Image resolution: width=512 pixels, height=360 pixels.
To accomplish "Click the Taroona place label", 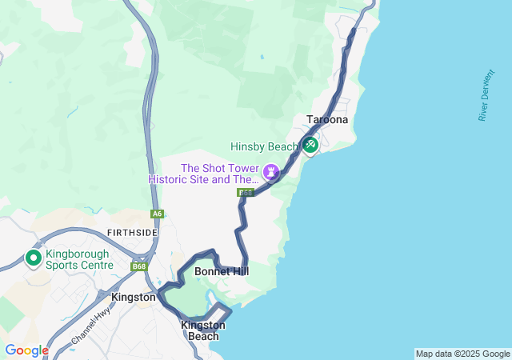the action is pos(327,120).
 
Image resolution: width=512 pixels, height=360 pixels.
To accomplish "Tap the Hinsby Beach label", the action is pos(264,146).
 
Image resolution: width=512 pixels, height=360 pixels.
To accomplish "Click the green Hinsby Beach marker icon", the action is pos(310,145).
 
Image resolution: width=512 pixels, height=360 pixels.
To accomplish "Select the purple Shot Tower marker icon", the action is pos(272,172).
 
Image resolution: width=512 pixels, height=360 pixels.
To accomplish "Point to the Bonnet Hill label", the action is pos(222,272).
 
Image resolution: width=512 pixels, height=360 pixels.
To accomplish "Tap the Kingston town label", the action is pos(134,297).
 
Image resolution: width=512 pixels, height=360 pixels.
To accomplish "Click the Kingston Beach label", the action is pos(203,330).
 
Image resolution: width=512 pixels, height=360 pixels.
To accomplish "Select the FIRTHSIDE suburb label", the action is pos(132,232).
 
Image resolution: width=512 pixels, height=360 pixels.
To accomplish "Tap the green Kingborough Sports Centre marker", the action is pos(34,258).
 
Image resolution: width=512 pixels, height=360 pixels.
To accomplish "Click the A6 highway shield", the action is pos(157,214).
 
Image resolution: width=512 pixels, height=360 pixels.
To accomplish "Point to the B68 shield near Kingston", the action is pos(139,266).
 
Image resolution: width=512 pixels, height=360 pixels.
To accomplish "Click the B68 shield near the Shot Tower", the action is pos(245,193).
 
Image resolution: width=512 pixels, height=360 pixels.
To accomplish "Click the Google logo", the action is pos(26,350).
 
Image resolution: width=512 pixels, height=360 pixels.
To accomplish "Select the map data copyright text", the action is pos(462,354).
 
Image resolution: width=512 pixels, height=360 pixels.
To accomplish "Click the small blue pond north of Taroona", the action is pos(261,57).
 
